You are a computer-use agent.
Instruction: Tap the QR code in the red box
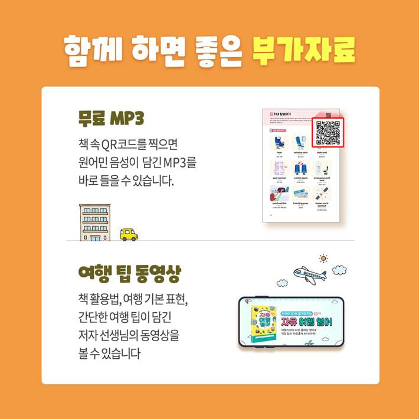328,133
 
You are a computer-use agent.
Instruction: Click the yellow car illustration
129,234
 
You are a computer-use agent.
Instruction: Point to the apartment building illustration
94,222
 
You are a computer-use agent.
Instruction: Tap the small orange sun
323,258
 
